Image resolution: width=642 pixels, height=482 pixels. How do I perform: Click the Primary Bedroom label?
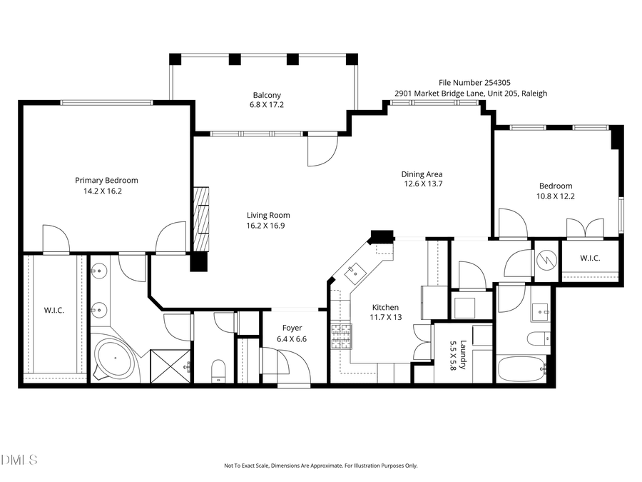click(x=106, y=181)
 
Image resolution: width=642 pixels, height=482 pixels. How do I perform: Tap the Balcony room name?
click(x=267, y=96)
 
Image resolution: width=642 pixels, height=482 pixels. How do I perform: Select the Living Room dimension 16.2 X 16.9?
click(x=268, y=226)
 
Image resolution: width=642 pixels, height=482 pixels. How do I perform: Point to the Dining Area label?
click(x=422, y=174)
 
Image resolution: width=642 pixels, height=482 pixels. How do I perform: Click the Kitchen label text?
click(x=384, y=307)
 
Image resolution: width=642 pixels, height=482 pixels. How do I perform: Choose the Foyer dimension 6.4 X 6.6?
click(x=290, y=339)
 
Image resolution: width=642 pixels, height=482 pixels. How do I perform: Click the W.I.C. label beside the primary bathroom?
click(x=54, y=311)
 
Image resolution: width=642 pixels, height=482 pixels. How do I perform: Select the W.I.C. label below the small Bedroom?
click(x=589, y=258)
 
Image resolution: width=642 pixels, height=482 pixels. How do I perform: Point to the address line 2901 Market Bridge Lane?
click(x=471, y=94)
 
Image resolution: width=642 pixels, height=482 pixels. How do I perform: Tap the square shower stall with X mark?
click(x=170, y=364)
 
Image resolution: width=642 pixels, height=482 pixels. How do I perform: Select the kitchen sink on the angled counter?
click(x=355, y=271)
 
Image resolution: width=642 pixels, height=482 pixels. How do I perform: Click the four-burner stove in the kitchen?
click(x=342, y=336)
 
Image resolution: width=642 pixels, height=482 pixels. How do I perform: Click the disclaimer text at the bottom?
click(x=320, y=466)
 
